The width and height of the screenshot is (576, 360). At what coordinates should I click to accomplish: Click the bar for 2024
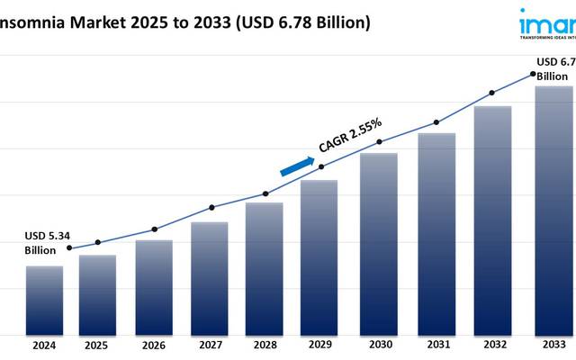[44, 300]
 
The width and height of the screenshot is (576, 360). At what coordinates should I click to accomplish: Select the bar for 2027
[209, 277]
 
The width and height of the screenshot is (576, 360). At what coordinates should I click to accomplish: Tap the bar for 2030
[379, 243]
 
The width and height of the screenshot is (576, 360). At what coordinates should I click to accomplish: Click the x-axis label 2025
[96, 345]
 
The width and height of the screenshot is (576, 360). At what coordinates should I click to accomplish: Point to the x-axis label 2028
[265, 345]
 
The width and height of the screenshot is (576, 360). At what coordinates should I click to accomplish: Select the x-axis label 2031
[436, 345]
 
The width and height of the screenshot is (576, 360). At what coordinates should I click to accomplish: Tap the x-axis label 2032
[492, 345]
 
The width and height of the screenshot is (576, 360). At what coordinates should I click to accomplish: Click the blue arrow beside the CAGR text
[298, 166]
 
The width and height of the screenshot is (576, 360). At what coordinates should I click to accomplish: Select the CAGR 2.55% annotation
[351, 135]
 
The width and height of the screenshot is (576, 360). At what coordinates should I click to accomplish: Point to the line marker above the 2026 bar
[154, 229]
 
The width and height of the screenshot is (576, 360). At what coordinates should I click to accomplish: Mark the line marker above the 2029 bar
[322, 166]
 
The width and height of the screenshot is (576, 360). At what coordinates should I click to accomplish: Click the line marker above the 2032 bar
[491, 92]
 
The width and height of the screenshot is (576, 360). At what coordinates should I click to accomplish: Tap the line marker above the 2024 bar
[70, 248]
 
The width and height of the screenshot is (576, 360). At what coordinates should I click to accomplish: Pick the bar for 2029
[319, 256]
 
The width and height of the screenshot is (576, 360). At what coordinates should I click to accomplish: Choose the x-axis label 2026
[153, 345]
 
